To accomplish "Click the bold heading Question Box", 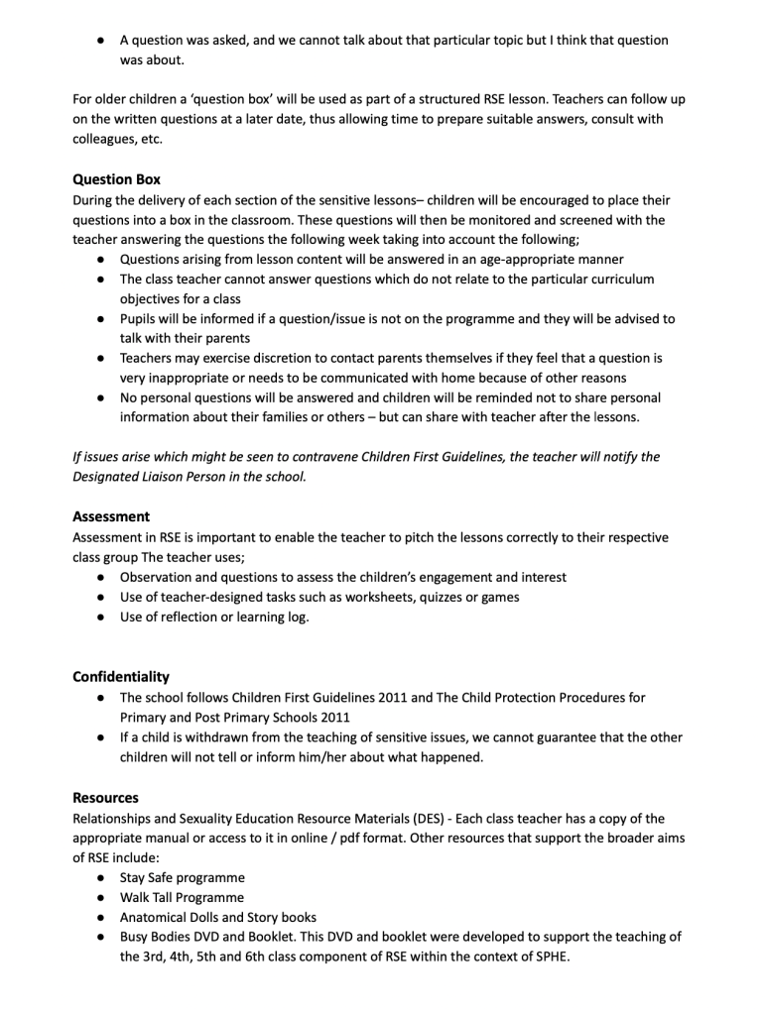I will click(116, 179).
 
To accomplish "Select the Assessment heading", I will click(111, 516).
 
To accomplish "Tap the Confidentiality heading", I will click(120, 677).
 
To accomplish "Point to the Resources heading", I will click(105, 798).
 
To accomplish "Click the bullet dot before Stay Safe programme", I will click(101, 877).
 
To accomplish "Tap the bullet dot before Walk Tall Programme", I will click(101, 897).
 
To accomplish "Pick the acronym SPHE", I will click(549, 958).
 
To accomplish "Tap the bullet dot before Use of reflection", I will click(101, 617).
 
